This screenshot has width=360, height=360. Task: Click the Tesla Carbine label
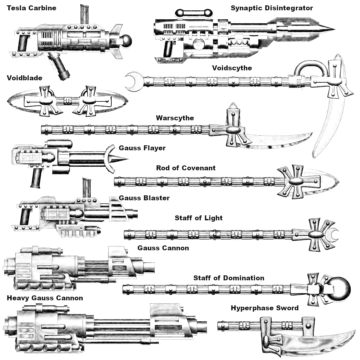tap(31, 8)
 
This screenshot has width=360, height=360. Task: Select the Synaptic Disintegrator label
tap(272, 8)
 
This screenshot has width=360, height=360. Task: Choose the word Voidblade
tap(24, 78)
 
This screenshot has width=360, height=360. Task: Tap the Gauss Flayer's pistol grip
tap(36, 177)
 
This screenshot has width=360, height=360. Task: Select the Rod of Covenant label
tap(186, 168)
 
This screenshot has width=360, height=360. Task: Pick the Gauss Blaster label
tap(144, 198)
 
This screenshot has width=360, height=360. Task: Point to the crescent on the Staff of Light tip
tap(334, 234)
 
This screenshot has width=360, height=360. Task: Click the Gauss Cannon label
tap(163, 248)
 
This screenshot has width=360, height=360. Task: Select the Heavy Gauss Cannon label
tap(45, 298)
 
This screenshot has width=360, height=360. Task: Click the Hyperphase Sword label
tap(264, 308)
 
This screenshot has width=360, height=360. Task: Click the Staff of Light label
tap(198, 218)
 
